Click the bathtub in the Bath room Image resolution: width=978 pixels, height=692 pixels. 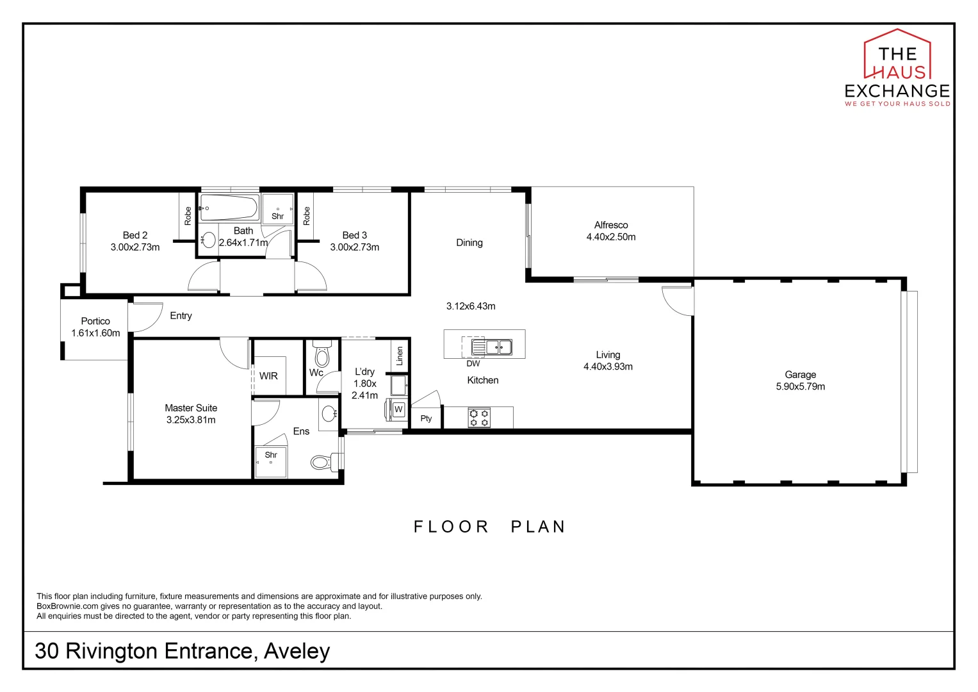[229, 207]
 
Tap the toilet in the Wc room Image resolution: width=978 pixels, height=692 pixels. [322, 354]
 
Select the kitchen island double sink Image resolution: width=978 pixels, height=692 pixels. [492, 347]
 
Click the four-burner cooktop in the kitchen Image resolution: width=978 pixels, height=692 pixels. [479, 417]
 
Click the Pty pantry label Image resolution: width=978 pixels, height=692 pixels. [426, 418]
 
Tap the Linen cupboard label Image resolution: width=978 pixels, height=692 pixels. [400, 356]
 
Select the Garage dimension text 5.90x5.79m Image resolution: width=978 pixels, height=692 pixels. [801, 386]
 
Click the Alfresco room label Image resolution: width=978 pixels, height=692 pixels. [611, 225]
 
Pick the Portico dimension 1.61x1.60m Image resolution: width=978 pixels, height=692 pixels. [95, 333]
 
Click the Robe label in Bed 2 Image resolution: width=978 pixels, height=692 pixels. [188, 216]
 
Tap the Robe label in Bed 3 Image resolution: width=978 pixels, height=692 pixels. [307, 216]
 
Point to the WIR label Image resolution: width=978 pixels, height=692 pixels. [268, 375]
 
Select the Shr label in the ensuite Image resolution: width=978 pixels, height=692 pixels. [271, 455]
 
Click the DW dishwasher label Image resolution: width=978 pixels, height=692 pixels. [473, 363]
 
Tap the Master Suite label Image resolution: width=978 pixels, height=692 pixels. [191, 408]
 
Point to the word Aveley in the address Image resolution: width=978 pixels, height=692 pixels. [297, 652]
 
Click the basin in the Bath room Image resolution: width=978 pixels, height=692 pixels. [209, 240]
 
